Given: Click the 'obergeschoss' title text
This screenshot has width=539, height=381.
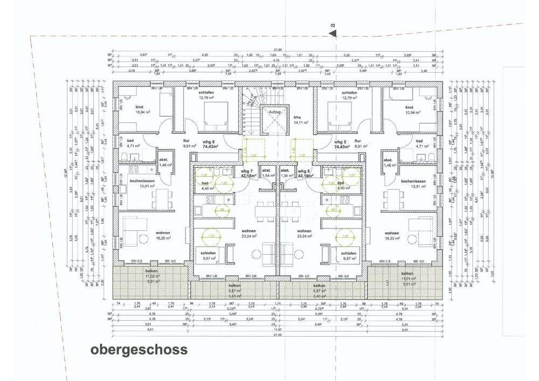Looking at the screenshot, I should pyautogui.click(x=139, y=350).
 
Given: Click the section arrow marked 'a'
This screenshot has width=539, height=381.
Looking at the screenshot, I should pyautogui.click(x=334, y=33).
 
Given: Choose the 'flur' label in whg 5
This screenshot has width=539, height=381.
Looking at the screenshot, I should pyautogui.click(x=357, y=141).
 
